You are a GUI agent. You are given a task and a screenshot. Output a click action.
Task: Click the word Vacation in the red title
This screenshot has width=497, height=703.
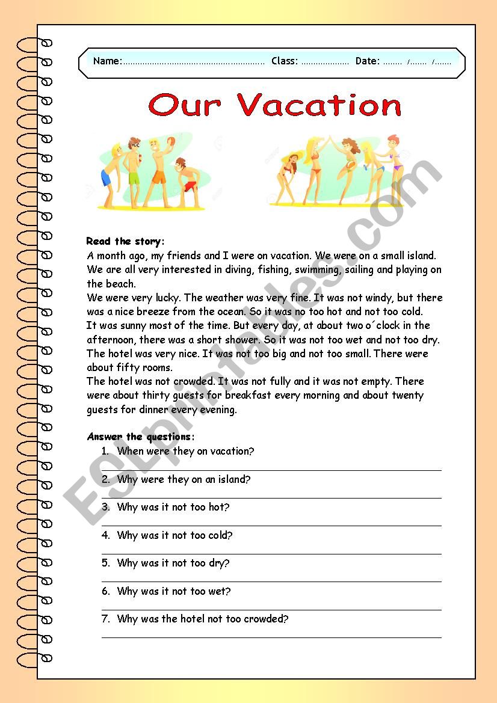coord(319,106)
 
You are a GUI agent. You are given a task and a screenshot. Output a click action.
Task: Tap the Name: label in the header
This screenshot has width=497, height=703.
coord(108,61)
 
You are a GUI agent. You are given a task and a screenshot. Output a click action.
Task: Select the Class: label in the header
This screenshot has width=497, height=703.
coord(285,61)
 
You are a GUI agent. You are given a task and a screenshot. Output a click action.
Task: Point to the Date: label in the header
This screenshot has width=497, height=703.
coord(367,61)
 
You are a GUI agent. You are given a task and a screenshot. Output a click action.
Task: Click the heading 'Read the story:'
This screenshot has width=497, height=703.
coord(125,241)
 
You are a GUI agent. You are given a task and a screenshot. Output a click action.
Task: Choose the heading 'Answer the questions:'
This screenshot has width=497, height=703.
coord(141,437)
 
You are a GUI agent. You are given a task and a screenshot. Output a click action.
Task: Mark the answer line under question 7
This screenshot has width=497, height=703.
coord(271,637)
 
